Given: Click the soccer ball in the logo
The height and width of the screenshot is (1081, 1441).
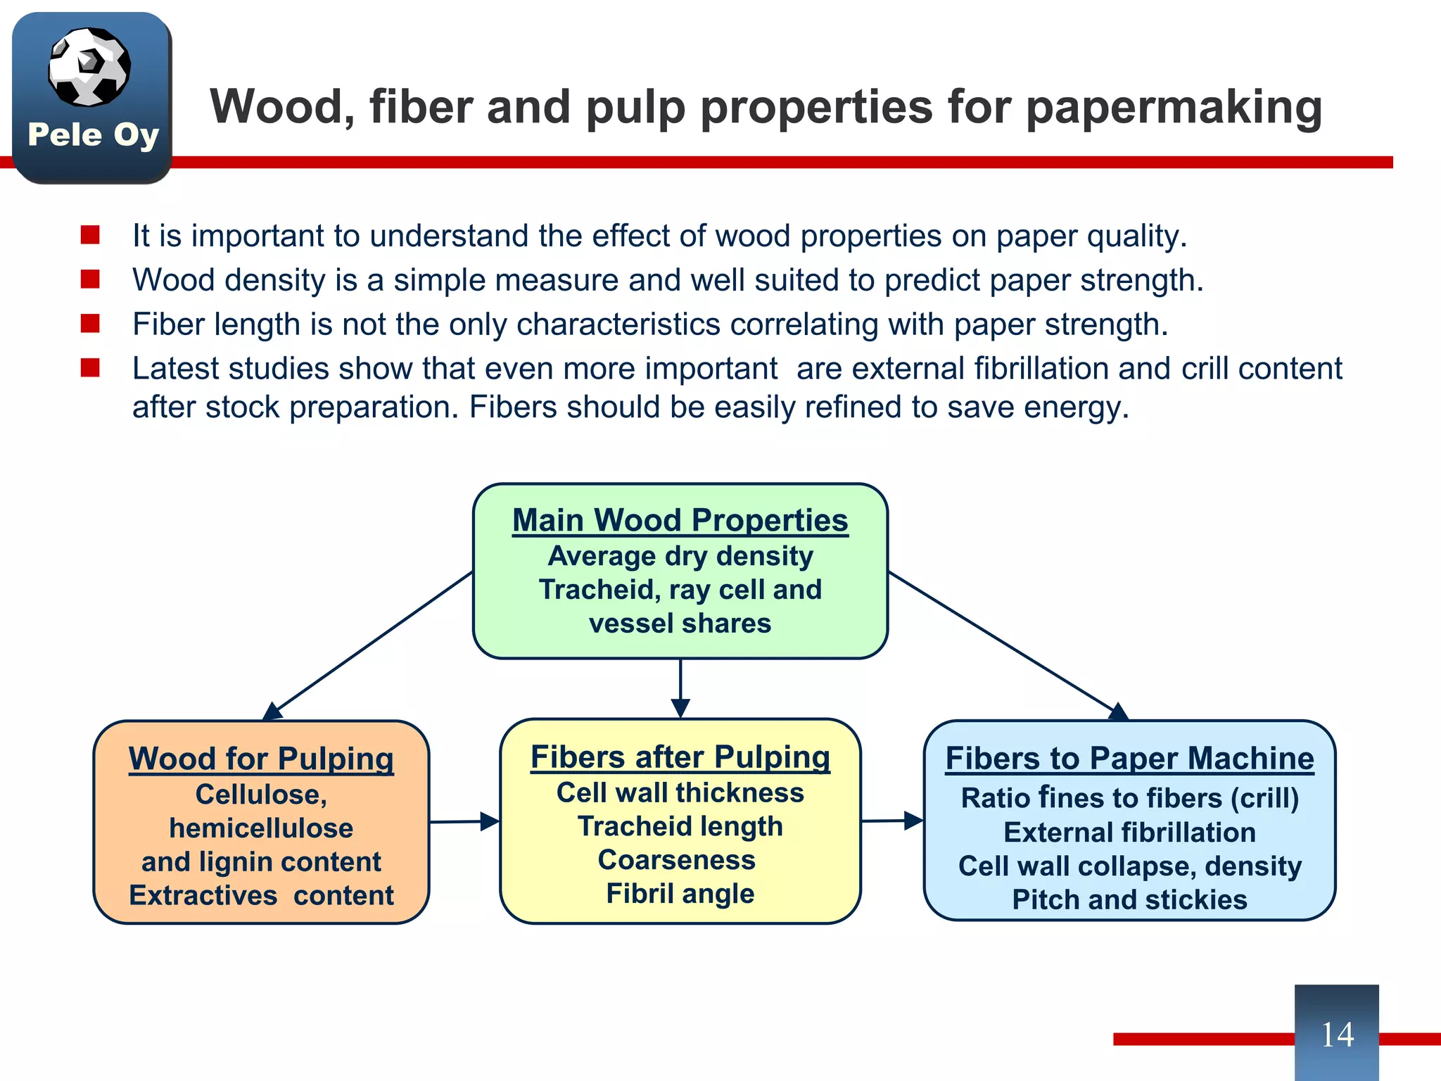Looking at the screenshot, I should pyautogui.click(x=89, y=67).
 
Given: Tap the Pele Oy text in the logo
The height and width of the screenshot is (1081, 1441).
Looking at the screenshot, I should pyautogui.click(x=93, y=134).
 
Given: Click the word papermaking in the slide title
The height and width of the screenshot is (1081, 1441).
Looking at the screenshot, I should pyautogui.click(x=1174, y=107).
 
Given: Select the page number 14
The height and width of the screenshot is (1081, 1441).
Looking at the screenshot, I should pyautogui.click(x=1336, y=1035).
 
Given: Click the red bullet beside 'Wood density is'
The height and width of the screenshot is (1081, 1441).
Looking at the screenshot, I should pyautogui.click(x=90, y=279).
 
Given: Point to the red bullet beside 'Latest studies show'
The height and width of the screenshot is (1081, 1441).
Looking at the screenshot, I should pyautogui.click(x=90, y=368).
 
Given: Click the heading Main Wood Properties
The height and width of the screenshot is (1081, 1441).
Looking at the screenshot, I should pyautogui.click(x=680, y=521).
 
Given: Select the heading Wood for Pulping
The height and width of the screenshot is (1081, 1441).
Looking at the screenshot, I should pyautogui.click(x=261, y=759).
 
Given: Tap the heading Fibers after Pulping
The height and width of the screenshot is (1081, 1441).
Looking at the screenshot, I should pyautogui.click(x=680, y=757).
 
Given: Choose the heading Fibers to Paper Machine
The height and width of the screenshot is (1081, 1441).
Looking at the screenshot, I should pyautogui.click(x=1129, y=759).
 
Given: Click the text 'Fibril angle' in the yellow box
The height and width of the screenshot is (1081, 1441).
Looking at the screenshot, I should pyautogui.click(x=680, y=894).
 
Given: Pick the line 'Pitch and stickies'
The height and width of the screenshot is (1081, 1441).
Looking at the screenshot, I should pyautogui.click(x=1129, y=900).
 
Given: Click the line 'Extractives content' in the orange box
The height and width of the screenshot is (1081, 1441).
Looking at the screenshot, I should pyautogui.click(x=261, y=896).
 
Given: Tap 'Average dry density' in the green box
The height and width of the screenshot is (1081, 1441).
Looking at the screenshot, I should pyautogui.click(x=680, y=556).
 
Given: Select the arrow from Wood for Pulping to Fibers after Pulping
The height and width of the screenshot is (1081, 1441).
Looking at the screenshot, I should pyautogui.click(x=464, y=821).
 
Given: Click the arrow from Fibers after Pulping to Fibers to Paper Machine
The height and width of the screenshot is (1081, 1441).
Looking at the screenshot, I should pyautogui.click(x=891, y=821).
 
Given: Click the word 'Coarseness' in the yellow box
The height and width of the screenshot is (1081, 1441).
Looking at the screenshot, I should pyautogui.click(x=676, y=860).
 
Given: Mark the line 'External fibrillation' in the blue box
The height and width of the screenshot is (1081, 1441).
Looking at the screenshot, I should pyautogui.click(x=1129, y=833).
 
